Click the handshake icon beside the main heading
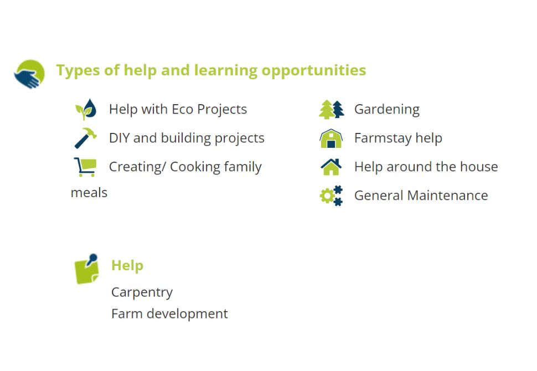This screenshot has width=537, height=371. pos(29,74)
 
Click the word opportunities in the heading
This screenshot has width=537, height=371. pos(314,70)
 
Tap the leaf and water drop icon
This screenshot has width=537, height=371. pos(86,109)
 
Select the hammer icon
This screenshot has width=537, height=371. pos(86,138)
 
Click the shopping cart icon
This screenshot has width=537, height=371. pos(85,167)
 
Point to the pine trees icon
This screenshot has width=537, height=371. pos(331,110)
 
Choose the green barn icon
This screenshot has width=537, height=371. pos(331,138)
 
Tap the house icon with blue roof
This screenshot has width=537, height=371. pos(331,167)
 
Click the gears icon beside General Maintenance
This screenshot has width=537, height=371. pos(331,195)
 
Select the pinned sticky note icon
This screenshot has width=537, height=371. pos(87,269)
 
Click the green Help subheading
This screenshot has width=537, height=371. pos(127,265)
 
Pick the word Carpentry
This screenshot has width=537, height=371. pos(142,292)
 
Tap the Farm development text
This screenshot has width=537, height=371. pos(169,314)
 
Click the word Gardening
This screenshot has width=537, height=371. pos(387,110)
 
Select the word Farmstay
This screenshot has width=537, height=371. pos(383,138)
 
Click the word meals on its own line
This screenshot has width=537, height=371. pos(89,193)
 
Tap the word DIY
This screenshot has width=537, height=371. pos(119,138)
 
